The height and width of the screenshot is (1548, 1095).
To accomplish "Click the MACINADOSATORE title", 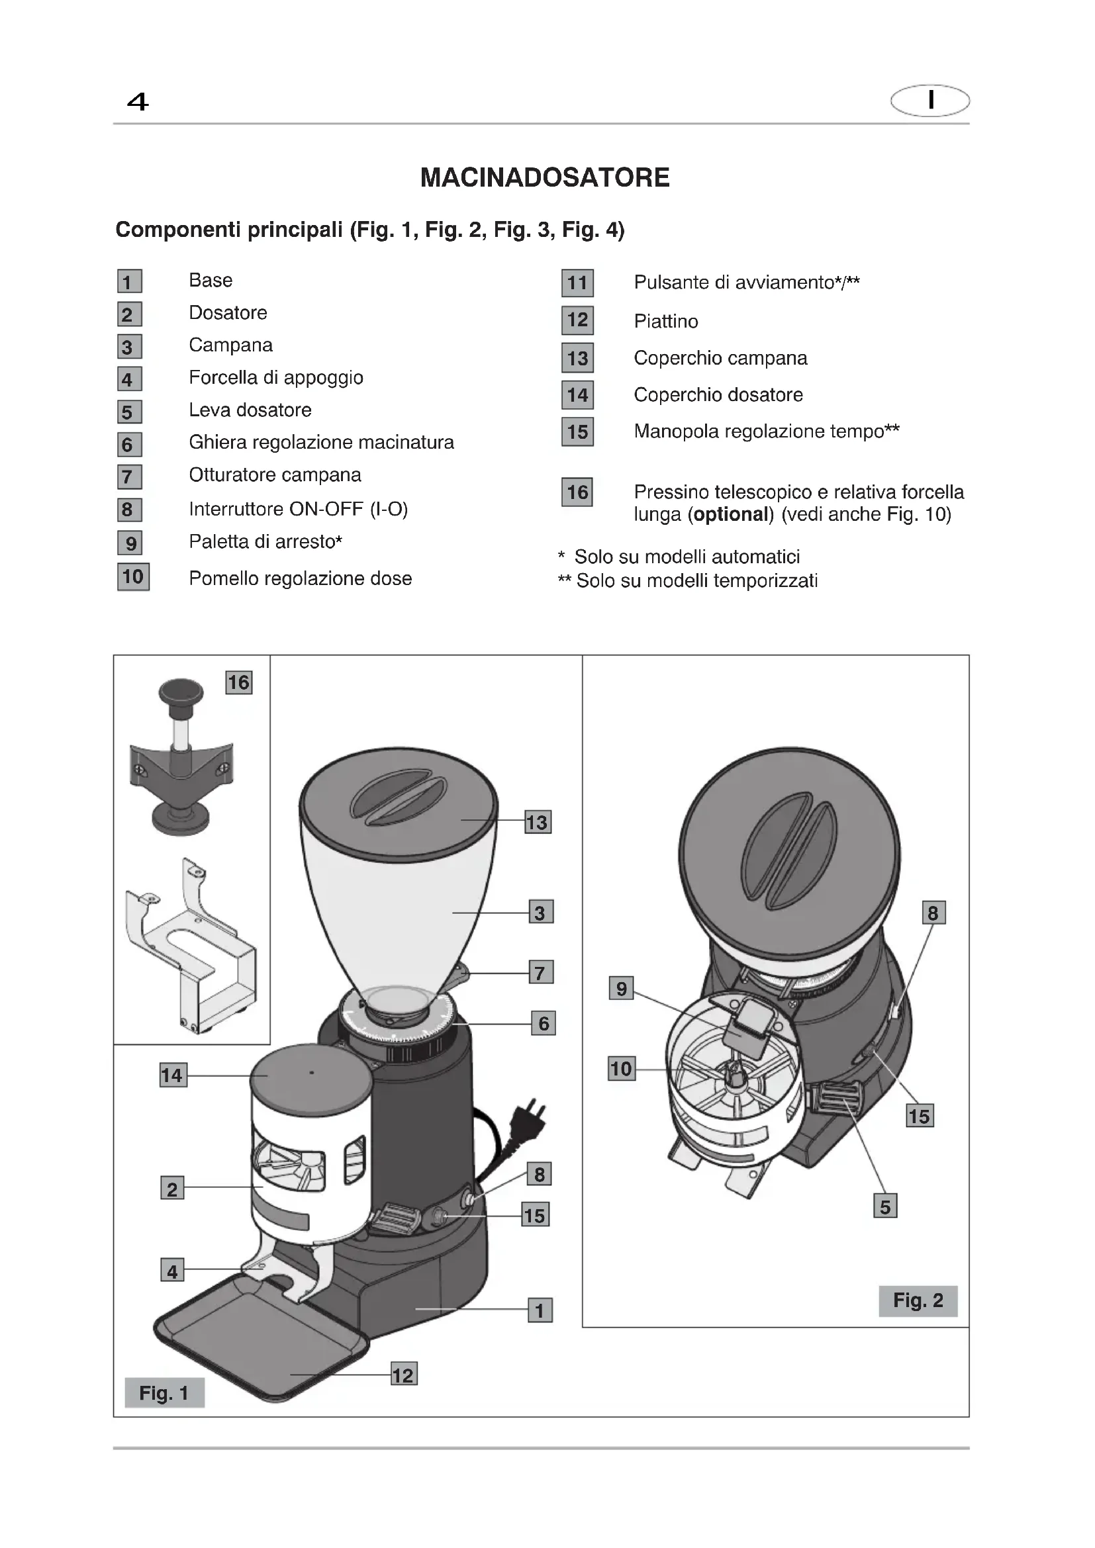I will pos(545,178).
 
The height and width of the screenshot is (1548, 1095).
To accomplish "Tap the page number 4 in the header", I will pos(138,102).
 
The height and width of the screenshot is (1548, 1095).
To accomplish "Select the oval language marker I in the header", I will pos(929,101).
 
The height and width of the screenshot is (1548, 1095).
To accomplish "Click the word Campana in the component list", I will pos(230,345).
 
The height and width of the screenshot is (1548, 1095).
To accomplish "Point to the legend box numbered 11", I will pos(577,283).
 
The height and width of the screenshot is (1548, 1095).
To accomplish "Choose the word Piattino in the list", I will pos(665,321).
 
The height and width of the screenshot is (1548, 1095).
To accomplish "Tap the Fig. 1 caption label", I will pos(164,1393).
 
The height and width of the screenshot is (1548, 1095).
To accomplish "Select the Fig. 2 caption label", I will pos(918,1300).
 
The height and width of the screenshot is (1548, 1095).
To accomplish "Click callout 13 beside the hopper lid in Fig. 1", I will pos(538,822).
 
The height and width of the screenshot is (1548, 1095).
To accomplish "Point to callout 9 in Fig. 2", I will pos(621,989).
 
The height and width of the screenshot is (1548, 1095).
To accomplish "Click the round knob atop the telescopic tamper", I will pos(181,692).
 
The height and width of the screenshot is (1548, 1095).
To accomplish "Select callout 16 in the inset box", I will pos(239,682).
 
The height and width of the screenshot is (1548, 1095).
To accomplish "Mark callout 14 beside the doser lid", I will pos(172,1075).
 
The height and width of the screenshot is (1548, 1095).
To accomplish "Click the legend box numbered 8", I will pos(129,510).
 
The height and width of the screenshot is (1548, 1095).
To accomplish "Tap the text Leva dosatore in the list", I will pos(250,410).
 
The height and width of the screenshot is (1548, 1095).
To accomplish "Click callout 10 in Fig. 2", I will pos(621,1069).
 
